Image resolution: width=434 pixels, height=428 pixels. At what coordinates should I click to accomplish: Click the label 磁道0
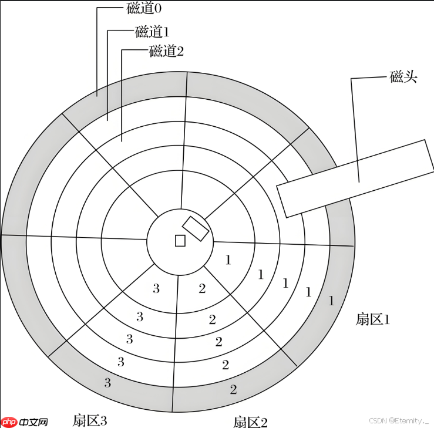click(x=144, y=8)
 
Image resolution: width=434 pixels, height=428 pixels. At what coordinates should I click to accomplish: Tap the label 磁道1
click(x=152, y=31)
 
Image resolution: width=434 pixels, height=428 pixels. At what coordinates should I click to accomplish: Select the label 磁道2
click(x=166, y=51)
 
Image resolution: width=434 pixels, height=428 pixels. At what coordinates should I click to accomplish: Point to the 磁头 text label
click(x=403, y=77)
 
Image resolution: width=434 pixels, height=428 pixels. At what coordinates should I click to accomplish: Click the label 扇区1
click(x=372, y=319)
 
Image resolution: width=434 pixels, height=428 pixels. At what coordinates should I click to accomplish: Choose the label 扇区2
click(x=250, y=422)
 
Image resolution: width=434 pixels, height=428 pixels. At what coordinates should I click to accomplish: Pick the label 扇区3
click(x=90, y=420)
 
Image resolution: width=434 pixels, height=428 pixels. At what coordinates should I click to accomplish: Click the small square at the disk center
click(x=180, y=241)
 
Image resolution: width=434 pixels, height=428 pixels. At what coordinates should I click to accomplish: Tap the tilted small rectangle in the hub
click(x=196, y=229)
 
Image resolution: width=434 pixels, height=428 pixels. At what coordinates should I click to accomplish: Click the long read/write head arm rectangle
click(x=356, y=178)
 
